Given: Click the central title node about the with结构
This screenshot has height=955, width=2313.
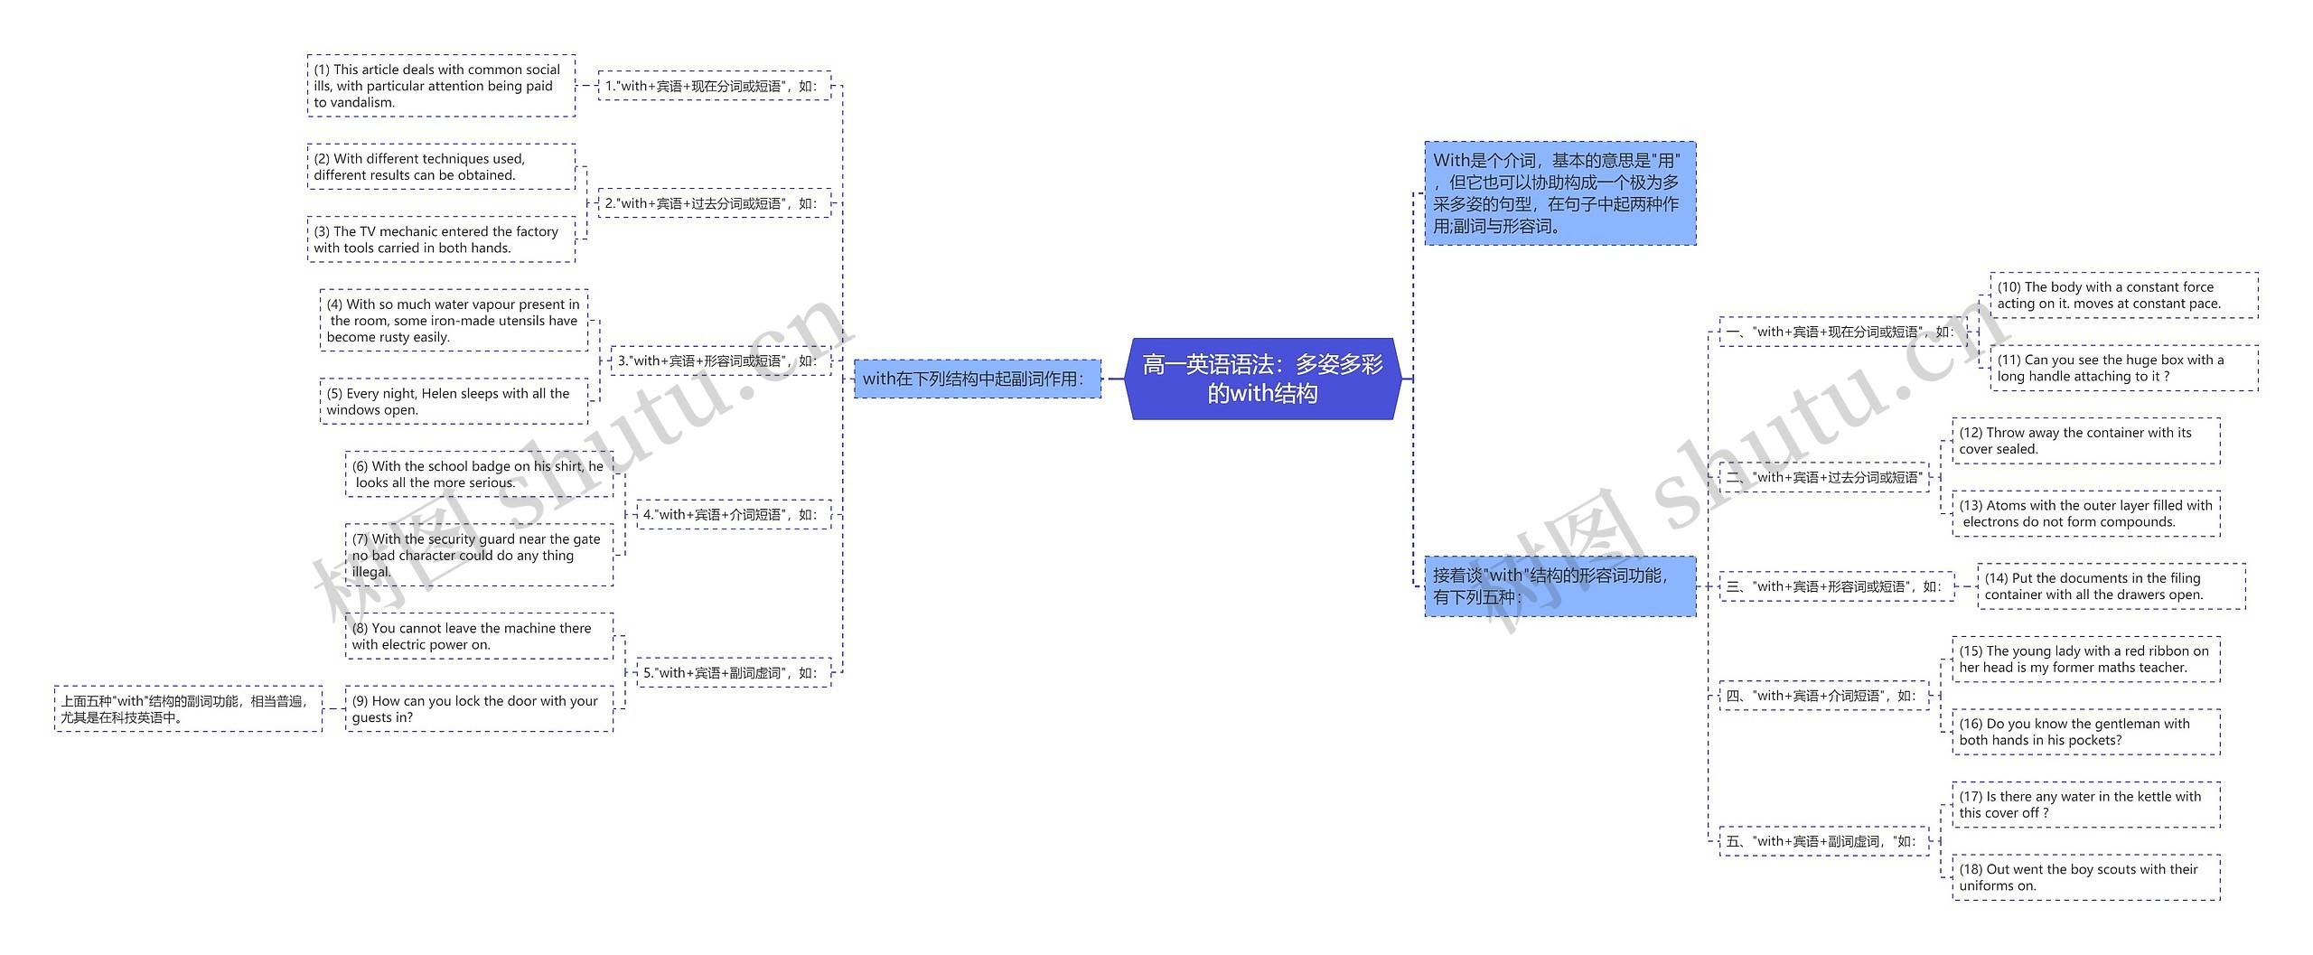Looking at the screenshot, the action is pos(1262,379).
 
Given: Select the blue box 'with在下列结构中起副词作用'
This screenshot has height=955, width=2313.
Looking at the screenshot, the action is pos(977,379).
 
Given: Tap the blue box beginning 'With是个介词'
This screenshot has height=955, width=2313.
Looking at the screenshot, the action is pos(1559,193).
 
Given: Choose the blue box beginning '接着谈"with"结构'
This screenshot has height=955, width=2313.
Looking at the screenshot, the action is pos(1559,586).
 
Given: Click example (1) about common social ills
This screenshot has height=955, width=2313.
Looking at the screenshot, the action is pos(441,86).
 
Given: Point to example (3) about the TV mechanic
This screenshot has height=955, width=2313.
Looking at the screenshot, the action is pos(441,239).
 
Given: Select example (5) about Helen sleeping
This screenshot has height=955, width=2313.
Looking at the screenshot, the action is pos(454,401).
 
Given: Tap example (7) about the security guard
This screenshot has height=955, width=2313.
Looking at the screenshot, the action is pos(479,555).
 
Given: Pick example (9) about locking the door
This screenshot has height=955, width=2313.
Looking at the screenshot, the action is pos(479,708).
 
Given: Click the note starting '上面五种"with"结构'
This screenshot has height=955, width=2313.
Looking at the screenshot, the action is pos(188,708).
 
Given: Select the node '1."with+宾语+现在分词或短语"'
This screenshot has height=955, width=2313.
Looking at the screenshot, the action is pos(714,86).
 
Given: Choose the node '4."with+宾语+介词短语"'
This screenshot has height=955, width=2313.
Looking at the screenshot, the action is pos(733,514).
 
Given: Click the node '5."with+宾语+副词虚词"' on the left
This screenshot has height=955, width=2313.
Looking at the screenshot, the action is pos(733,672).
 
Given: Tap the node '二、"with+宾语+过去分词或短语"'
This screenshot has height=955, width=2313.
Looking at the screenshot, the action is pos(1823,477).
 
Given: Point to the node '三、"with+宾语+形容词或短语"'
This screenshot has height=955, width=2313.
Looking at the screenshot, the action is pos(1835,586).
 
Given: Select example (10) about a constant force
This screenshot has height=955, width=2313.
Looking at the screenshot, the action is pos(2123,295).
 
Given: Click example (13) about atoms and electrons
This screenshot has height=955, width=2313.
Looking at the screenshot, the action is pos(2085,513).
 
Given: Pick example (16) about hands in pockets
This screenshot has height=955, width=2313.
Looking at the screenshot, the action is pos(2085,732).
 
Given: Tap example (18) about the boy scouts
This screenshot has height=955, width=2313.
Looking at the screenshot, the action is pos(2085,877).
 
